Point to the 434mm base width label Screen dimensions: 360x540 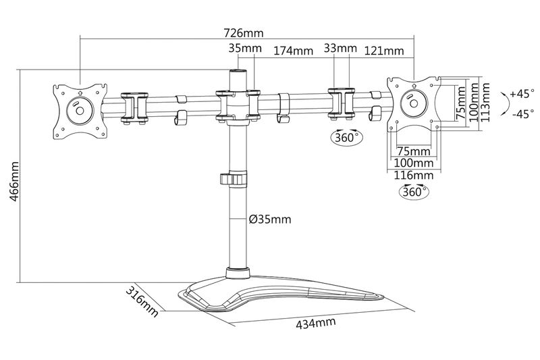click(316, 322)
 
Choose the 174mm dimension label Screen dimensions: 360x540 click(293, 51)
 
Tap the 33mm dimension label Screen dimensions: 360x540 click(340, 49)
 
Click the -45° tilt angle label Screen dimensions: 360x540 click(522, 114)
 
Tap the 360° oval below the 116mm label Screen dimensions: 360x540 click(414, 191)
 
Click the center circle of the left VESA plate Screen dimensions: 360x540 click(80, 108)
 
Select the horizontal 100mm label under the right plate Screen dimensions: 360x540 click(413, 163)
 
